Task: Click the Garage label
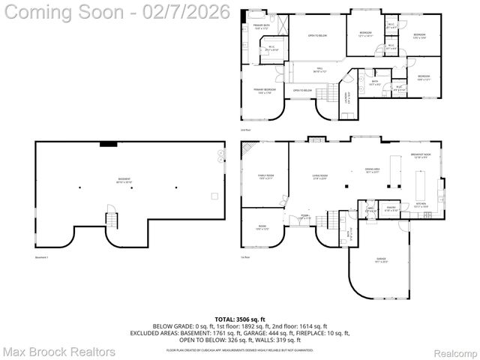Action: pyautogui.click(x=381, y=260)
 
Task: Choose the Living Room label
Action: pyautogui.click(x=322, y=178)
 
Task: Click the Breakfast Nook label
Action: pyautogui.click(x=421, y=155)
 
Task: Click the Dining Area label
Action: pyautogui.click(x=373, y=170)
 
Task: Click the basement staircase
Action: pyautogui.click(x=111, y=220)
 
